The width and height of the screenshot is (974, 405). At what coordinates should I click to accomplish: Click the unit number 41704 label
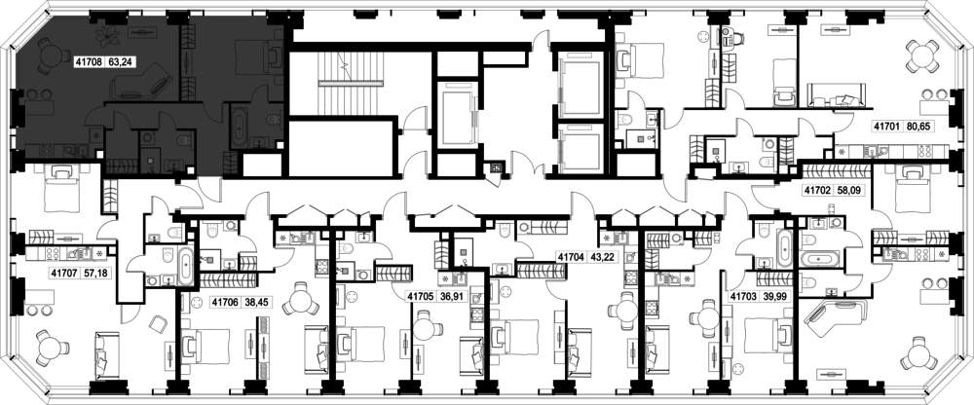click(x=572, y=256)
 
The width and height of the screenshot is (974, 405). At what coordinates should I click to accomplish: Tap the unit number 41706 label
click(x=225, y=303)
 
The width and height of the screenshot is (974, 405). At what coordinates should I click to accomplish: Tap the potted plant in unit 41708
click(x=111, y=34)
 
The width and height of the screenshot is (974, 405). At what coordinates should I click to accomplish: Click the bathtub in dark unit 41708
click(x=240, y=127)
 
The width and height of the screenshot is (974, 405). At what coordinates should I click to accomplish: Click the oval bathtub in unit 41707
click(x=185, y=265)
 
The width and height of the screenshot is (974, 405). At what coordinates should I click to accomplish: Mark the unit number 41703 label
click(x=744, y=296)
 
